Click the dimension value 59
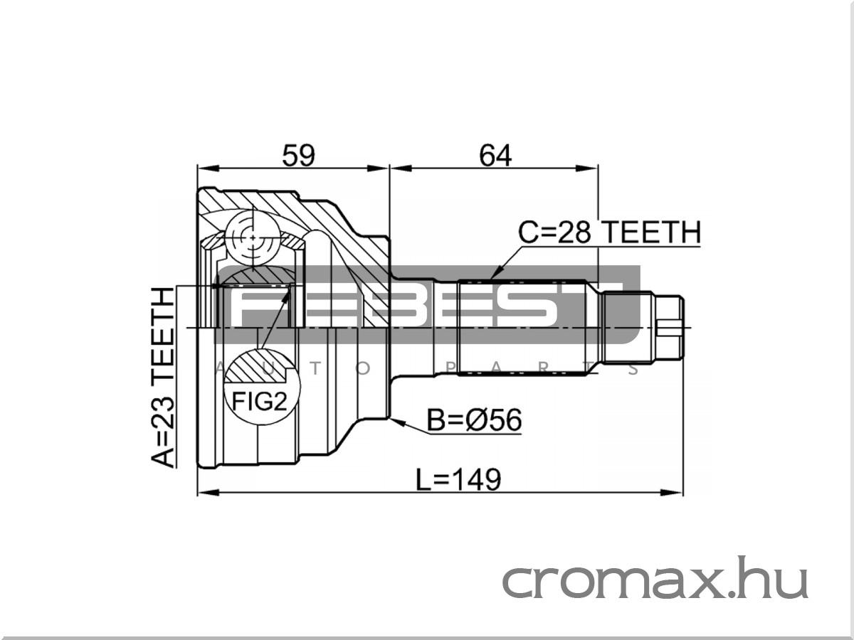[x=298, y=155]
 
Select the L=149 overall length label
[x=459, y=480]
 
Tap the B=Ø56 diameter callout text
[x=474, y=421]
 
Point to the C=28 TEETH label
[x=609, y=233]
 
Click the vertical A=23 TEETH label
[x=164, y=377]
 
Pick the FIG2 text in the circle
[x=259, y=403]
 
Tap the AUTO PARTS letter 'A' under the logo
[x=219, y=368]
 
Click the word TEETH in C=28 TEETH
[x=651, y=233]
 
